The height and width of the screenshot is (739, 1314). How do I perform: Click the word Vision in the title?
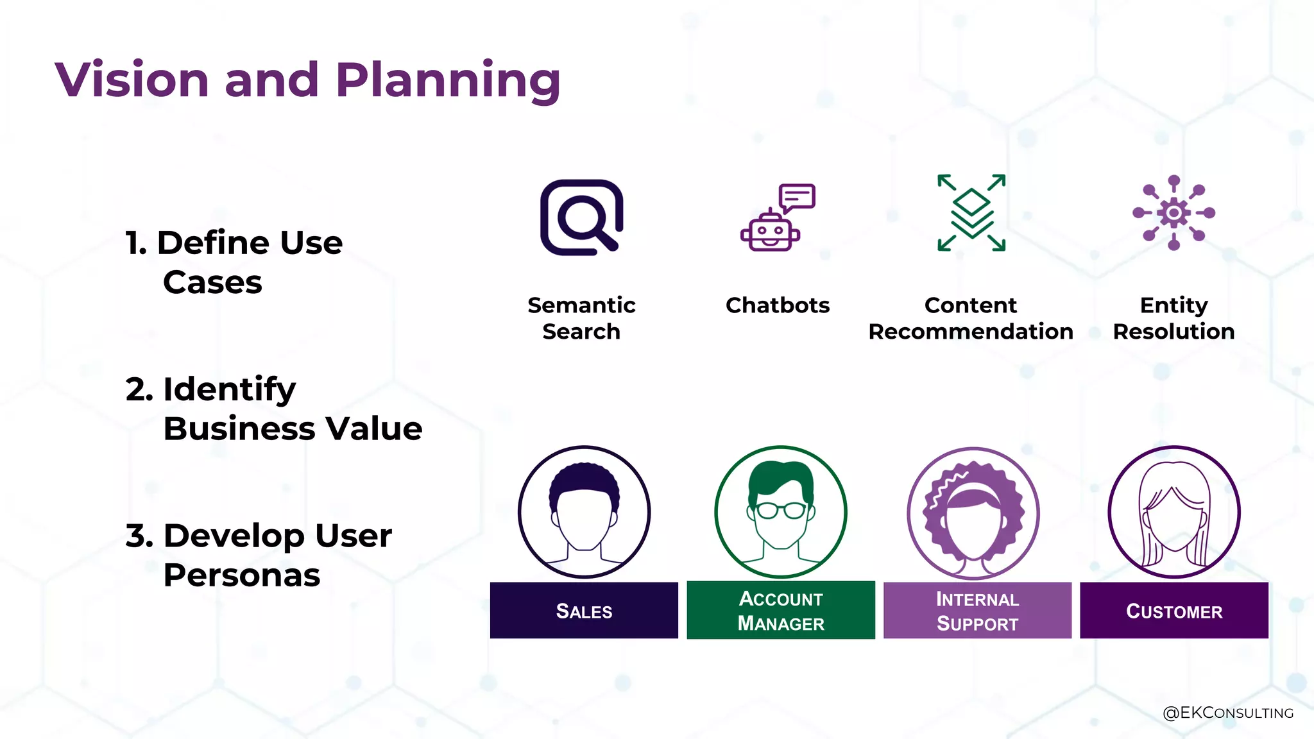click(132, 80)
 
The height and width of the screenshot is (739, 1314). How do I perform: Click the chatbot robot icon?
click(770, 232)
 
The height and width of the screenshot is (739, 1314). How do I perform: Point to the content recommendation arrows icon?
click(971, 213)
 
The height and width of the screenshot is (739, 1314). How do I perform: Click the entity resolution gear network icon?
click(1173, 213)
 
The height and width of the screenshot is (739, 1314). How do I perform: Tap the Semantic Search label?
click(581, 318)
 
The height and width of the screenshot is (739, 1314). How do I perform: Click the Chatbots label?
click(778, 305)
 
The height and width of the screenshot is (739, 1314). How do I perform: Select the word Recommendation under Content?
click(971, 332)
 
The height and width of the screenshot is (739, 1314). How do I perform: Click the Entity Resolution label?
click(1173, 318)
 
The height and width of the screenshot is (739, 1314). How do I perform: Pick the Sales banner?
click(584, 611)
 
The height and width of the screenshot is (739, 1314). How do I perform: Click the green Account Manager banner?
click(781, 611)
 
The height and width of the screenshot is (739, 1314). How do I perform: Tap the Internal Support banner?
click(977, 611)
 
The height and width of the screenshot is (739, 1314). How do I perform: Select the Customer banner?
click(1174, 611)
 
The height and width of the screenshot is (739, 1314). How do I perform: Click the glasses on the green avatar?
click(781, 511)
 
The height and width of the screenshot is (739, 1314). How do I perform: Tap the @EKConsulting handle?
click(1227, 713)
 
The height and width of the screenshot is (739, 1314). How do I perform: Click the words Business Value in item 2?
click(293, 429)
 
